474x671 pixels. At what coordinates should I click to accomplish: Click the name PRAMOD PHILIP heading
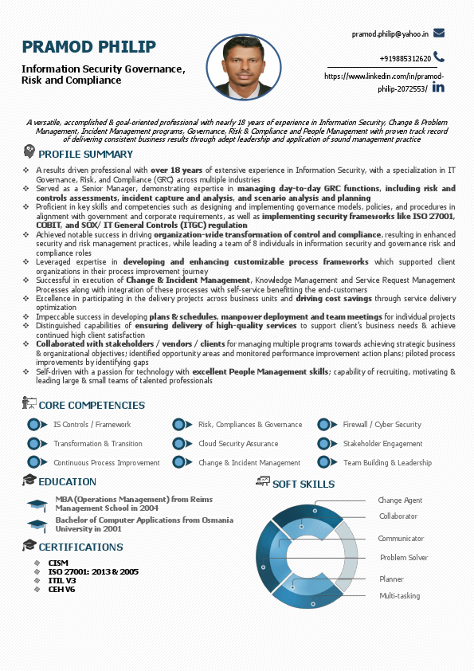coord(88,47)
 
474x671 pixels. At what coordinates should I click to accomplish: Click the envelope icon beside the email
coord(439,33)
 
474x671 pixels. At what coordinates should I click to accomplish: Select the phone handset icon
coord(439,57)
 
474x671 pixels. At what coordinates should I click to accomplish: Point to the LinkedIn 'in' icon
coord(438,86)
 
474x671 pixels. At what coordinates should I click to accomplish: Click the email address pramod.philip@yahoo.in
coord(390,34)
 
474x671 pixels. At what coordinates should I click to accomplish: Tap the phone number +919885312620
coord(405,58)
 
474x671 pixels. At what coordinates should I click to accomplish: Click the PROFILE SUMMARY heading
coord(86,154)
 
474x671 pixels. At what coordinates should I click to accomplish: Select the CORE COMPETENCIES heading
coord(92,406)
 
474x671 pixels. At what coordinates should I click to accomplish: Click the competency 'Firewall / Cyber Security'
coord(382,425)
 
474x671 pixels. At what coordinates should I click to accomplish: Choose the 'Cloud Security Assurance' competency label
coord(238,444)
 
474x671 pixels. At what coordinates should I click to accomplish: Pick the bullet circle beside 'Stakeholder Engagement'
coord(323,444)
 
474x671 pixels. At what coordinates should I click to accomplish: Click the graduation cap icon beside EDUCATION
coord(29,481)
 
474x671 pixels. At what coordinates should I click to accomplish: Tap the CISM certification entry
coord(58,563)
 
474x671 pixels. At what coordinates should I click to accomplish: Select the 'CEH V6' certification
coord(62,590)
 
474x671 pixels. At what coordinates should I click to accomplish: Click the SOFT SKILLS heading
coord(304,484)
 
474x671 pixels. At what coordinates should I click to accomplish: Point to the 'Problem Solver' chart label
coord(404,558)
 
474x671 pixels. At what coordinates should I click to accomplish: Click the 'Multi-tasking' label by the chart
coord(399,596)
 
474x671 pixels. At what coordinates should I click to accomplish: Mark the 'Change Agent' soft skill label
coord(400,500)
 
